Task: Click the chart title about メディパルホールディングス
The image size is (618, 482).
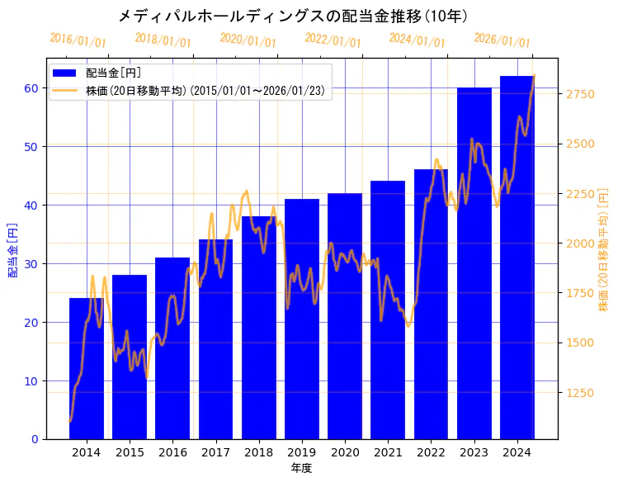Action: point(293,16)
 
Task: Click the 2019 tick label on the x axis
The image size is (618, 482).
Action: point(302,452)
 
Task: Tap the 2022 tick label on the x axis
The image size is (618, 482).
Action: point(431,452)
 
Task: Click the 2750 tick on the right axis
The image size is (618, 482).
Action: point(579,94)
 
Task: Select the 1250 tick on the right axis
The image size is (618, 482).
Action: point(579,393)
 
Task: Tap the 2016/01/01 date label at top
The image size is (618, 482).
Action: point(78,40)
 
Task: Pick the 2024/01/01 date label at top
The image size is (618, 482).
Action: point(417,40)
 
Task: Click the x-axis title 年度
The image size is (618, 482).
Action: point(301,468)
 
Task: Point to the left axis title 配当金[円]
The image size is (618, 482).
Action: point(12,249)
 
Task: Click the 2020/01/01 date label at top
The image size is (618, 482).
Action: point(248,40)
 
